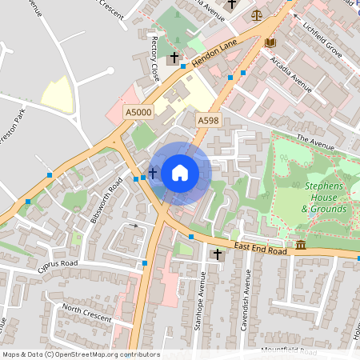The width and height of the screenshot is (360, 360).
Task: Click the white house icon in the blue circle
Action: [180, 173]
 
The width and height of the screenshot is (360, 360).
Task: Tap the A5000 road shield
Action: [138, 114]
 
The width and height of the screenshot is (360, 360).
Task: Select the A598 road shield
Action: [208, 120]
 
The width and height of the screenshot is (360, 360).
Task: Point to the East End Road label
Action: [261, 250]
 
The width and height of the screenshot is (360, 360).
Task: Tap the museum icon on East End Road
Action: [301, 245]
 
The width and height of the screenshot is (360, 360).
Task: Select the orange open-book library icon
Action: [270, 42]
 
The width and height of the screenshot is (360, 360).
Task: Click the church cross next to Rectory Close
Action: [174, 58]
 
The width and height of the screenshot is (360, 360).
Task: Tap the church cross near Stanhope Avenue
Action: [217, 254]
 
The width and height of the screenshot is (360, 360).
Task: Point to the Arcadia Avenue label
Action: [290, 73]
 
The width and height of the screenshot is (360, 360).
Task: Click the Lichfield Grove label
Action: [322, 41]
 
